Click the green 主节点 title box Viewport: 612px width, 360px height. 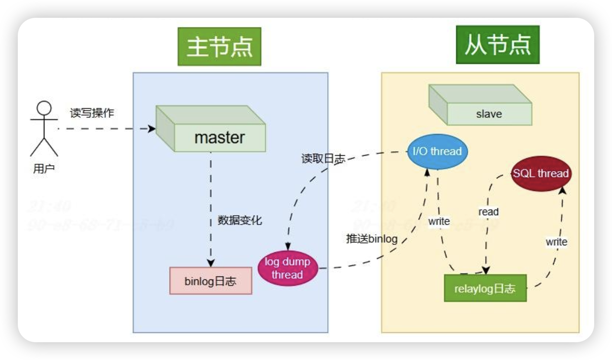coord(219,47)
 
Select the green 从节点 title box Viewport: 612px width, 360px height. coord(497,45)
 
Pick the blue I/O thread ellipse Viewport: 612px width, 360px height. coord(437,151)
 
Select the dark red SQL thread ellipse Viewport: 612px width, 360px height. coord(540,174)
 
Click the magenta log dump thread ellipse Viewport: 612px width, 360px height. coord(287,268)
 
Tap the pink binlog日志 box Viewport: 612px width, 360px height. coord(211,281)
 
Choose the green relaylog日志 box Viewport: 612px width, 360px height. coord(485,288)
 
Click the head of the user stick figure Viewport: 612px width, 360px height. coord(44,108)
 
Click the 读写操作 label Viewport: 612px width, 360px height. coord(92,113)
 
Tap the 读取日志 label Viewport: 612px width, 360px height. coord(323,159)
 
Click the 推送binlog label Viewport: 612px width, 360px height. coord(372,238)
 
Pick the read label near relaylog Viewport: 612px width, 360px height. coord(488,212)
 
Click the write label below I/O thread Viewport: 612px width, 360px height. coord(439,222)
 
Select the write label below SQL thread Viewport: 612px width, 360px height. coord(556,242)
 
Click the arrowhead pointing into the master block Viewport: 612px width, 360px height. coord(151,129)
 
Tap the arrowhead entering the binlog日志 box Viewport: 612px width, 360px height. coord(211,263)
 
